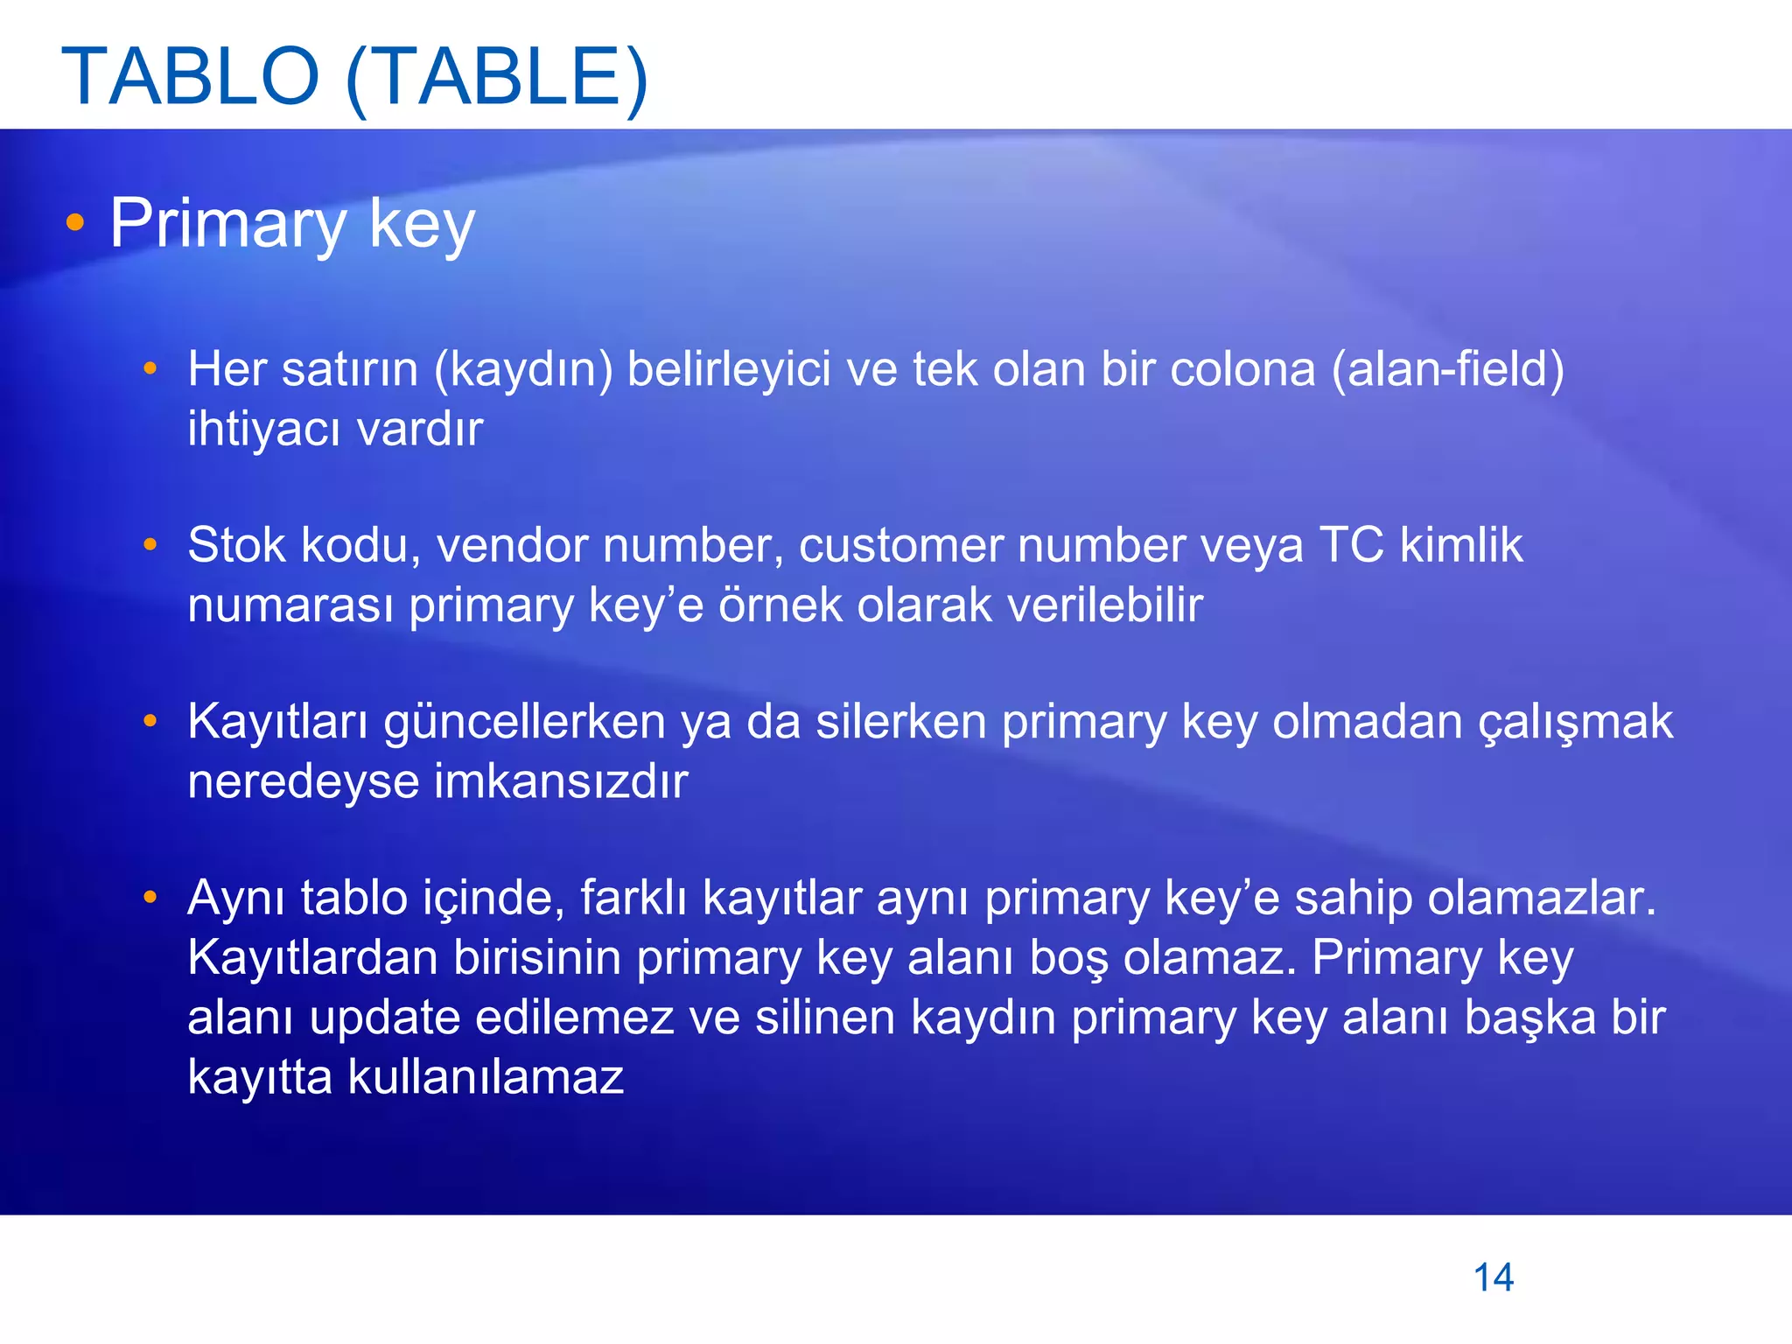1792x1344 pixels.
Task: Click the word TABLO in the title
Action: (x=191, y=77)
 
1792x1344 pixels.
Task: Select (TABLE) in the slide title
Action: (x=497, y=77)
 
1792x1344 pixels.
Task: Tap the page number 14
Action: (x=1494, y=1277)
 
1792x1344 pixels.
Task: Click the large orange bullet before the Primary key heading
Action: (x=75, y=223)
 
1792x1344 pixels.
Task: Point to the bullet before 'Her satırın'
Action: (x=150, y=369)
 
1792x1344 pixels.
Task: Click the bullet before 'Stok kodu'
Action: (x=150, y=545)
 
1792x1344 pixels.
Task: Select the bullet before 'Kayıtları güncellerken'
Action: (x=150, y=722)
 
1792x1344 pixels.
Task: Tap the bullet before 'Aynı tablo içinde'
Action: (x=150, y=898)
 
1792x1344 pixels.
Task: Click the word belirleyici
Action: (x=728, y=369)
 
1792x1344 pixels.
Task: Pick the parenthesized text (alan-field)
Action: (x=1447, y=369)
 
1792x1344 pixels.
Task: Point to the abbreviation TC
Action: (x=1351, y=545)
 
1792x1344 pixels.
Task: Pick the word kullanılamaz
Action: (x=486, y=1077)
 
